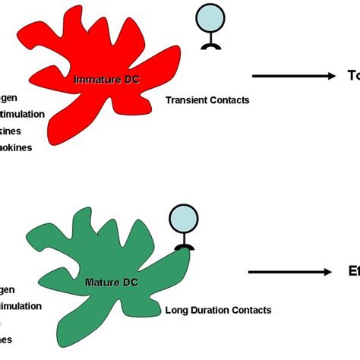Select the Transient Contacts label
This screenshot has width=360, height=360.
(x=207, y=100)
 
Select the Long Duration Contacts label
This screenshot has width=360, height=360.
(x=217, y=310)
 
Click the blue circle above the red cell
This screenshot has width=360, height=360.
(x=208, y=18)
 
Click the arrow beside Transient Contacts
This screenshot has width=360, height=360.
(x=293, y=75)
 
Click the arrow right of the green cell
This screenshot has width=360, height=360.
(x=293, y=272)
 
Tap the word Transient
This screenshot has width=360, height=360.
(x=185, y=100)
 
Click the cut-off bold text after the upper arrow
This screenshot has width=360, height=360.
(x=352, y=75)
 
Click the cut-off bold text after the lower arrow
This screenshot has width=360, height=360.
(x=353, y=272)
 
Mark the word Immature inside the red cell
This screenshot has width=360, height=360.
(x=90, y=79)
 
